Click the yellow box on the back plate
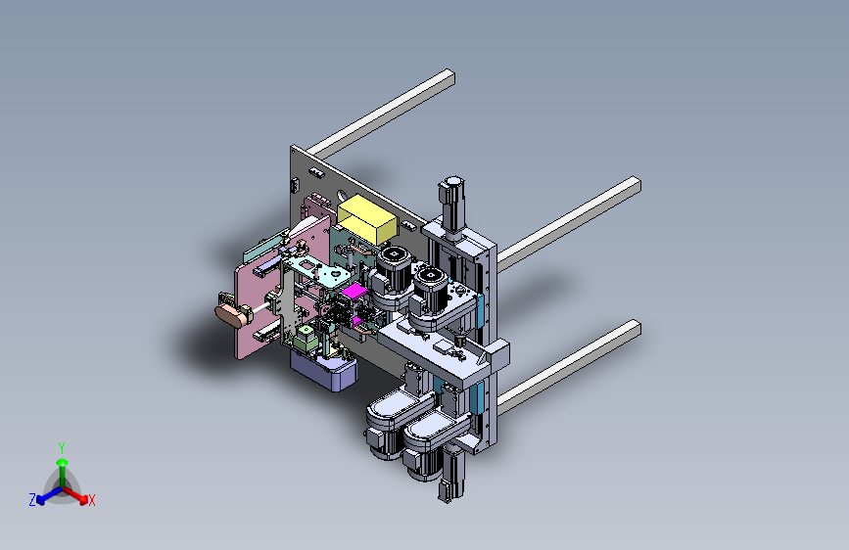tap(367, 218)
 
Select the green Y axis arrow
tap(63, 472)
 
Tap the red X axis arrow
tap(75, 493)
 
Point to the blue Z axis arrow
tap(49, 494)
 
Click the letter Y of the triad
tap(61, 448)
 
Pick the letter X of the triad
tap(92, 500)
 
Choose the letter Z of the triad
tap(32, 500)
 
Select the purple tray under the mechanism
tap(323, 370)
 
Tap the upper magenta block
tap(354, 292)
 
